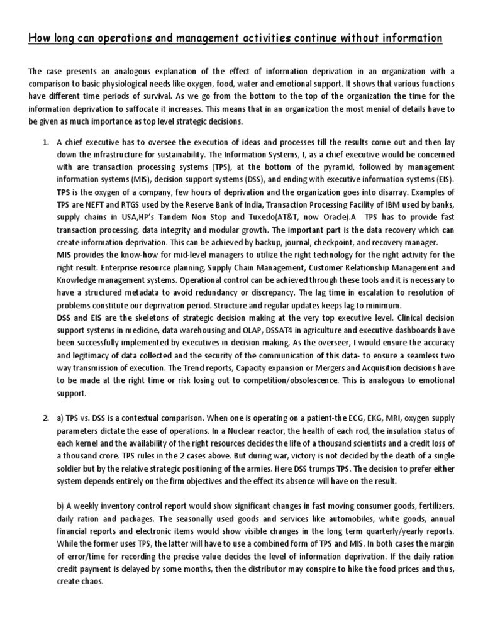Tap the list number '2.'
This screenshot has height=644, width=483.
click(x=46, y=418)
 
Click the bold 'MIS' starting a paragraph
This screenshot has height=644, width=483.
click(x=65, y=254)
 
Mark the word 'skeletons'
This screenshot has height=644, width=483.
click(x=140, y=317)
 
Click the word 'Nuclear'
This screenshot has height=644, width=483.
click(x=208, y=430)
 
